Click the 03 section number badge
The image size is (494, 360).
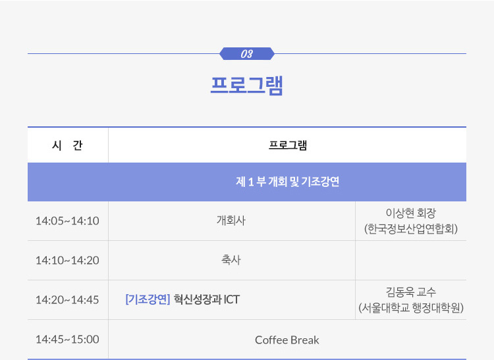tap(247, 54)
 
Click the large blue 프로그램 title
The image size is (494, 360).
tap(247, 86)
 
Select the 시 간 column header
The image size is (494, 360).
tap(67, 145)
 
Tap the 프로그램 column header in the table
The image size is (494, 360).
tap(288, 145)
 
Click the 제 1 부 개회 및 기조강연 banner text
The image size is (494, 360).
tap(288, 182)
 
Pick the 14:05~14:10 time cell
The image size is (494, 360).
tap(67, 221)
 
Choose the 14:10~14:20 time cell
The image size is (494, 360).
tap(67, 261)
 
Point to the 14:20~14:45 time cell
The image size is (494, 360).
tap(67, 300)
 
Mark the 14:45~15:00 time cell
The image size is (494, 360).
tap(67, 340)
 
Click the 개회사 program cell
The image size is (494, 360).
tap(231, 220)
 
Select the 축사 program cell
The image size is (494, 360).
tap(231, 260)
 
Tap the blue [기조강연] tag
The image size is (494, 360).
tap(148, 299)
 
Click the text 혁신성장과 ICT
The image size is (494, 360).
tap(207, 299)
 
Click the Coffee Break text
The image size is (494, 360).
tap(287, 340)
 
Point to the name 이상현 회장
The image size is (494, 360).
tap(411, 213)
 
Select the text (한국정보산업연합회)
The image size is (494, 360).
tap(411, 229)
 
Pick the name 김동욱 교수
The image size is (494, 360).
tap(411, 292)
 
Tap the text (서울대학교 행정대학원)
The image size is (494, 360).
tap(411, 308)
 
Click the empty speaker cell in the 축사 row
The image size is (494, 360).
tap(411, 261)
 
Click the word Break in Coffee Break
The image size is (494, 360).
tap(305, 340)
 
